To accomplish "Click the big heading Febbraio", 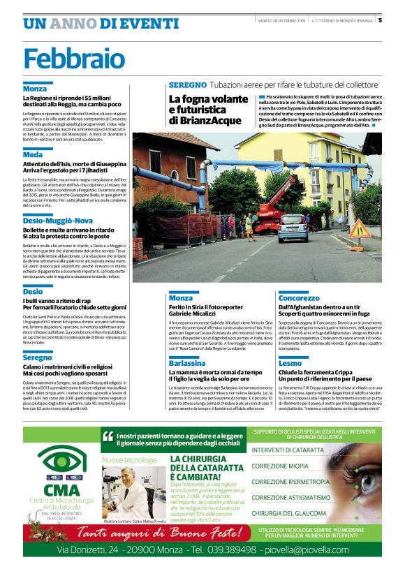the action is click(71, 57).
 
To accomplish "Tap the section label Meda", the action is click(33, 154).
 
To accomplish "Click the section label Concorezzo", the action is click(299, 297).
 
